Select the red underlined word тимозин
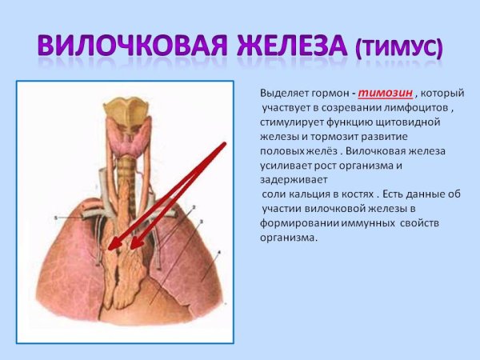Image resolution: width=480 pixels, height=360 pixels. tap(386, 94)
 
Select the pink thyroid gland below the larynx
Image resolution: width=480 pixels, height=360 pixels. tap(124, 145)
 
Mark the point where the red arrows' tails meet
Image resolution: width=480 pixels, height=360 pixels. tap(225, 144)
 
